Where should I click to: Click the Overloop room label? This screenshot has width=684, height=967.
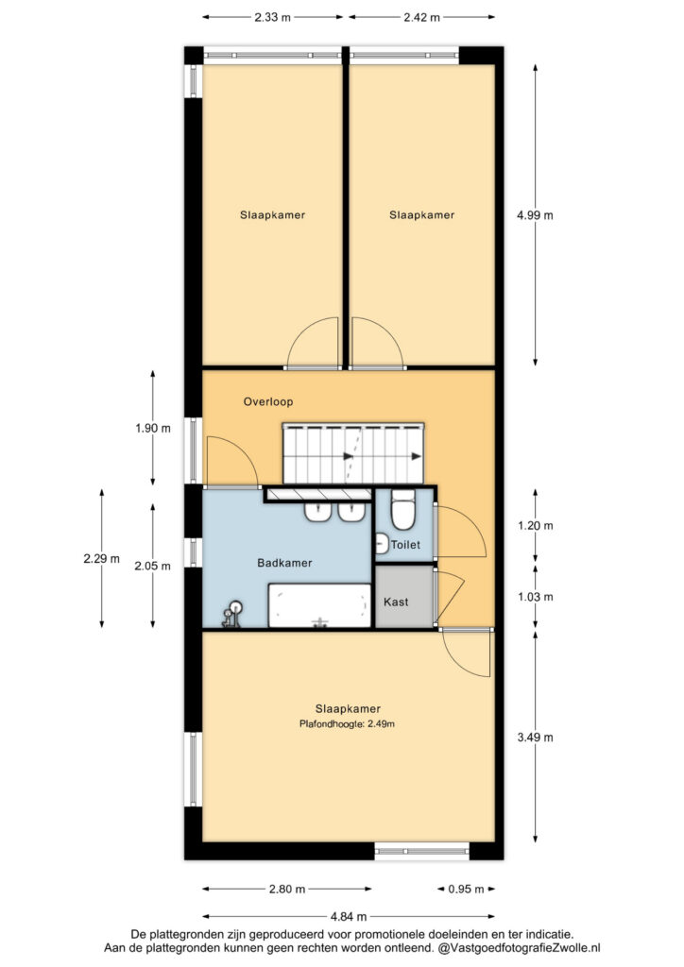point(267,401)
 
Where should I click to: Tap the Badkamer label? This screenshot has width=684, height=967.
point(284,563)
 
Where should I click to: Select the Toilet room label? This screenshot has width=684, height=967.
point(405,545)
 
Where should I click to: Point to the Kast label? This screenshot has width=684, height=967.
point(396,602)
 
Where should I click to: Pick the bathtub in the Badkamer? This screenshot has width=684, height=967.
point(319,605)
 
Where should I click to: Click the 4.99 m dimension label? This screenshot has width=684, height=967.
point(535,215)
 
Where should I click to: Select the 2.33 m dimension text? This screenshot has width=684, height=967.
point(273,17)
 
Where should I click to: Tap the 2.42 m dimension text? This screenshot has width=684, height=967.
point(422,17)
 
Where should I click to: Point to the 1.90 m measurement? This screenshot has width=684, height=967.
point(153,428)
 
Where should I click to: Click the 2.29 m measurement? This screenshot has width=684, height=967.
point(102,559)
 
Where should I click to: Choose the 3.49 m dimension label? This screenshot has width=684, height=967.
point(535,737)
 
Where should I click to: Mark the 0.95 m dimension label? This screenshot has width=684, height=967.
point(467,890)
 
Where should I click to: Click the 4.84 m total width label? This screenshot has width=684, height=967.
point(349,917)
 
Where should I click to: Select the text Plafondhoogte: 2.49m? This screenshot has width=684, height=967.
point(347,724)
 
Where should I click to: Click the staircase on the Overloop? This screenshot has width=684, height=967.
point(353,453)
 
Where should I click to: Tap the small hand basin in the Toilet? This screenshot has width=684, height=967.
point(381,543)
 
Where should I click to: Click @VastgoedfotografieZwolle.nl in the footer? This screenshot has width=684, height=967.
point(520,948)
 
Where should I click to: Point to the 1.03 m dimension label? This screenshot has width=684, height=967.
point(535,597)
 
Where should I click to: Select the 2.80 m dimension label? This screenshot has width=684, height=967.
point(287,890)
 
